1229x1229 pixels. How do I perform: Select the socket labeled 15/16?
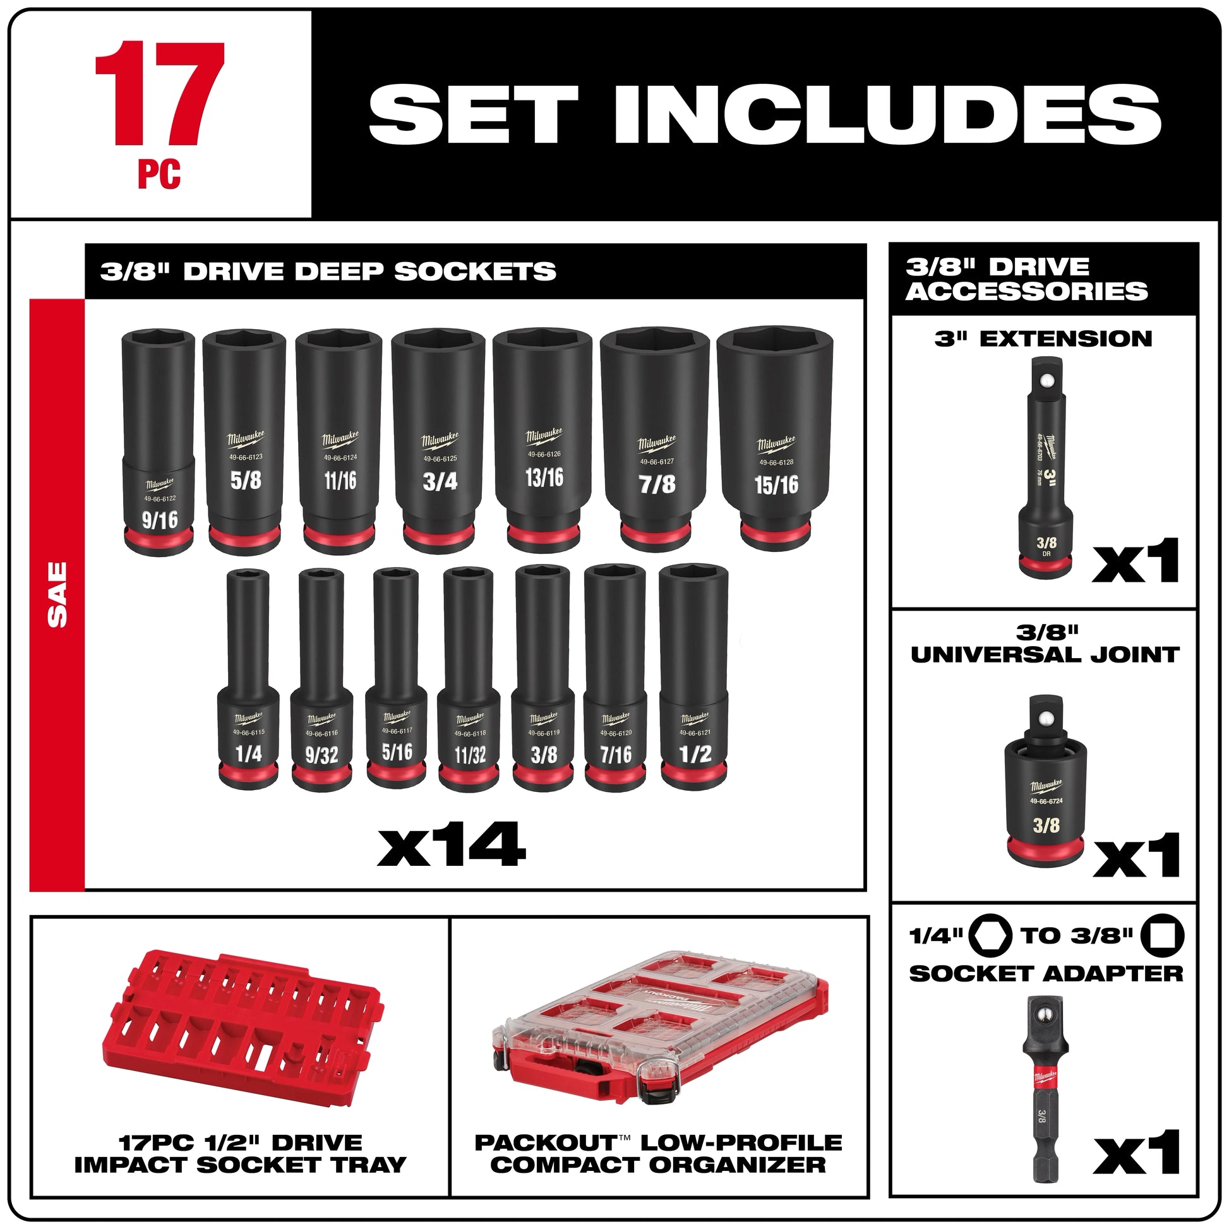click(776, 439)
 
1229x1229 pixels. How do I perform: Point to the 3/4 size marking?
click(440, 481)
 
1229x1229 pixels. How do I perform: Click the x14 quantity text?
click(452, 844)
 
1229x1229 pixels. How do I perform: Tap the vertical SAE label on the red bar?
click(57, 594)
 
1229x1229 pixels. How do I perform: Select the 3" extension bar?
click(1046, 467)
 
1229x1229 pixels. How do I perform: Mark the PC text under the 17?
click(159, 174)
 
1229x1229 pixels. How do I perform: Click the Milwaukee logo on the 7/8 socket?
click(656, 443)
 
